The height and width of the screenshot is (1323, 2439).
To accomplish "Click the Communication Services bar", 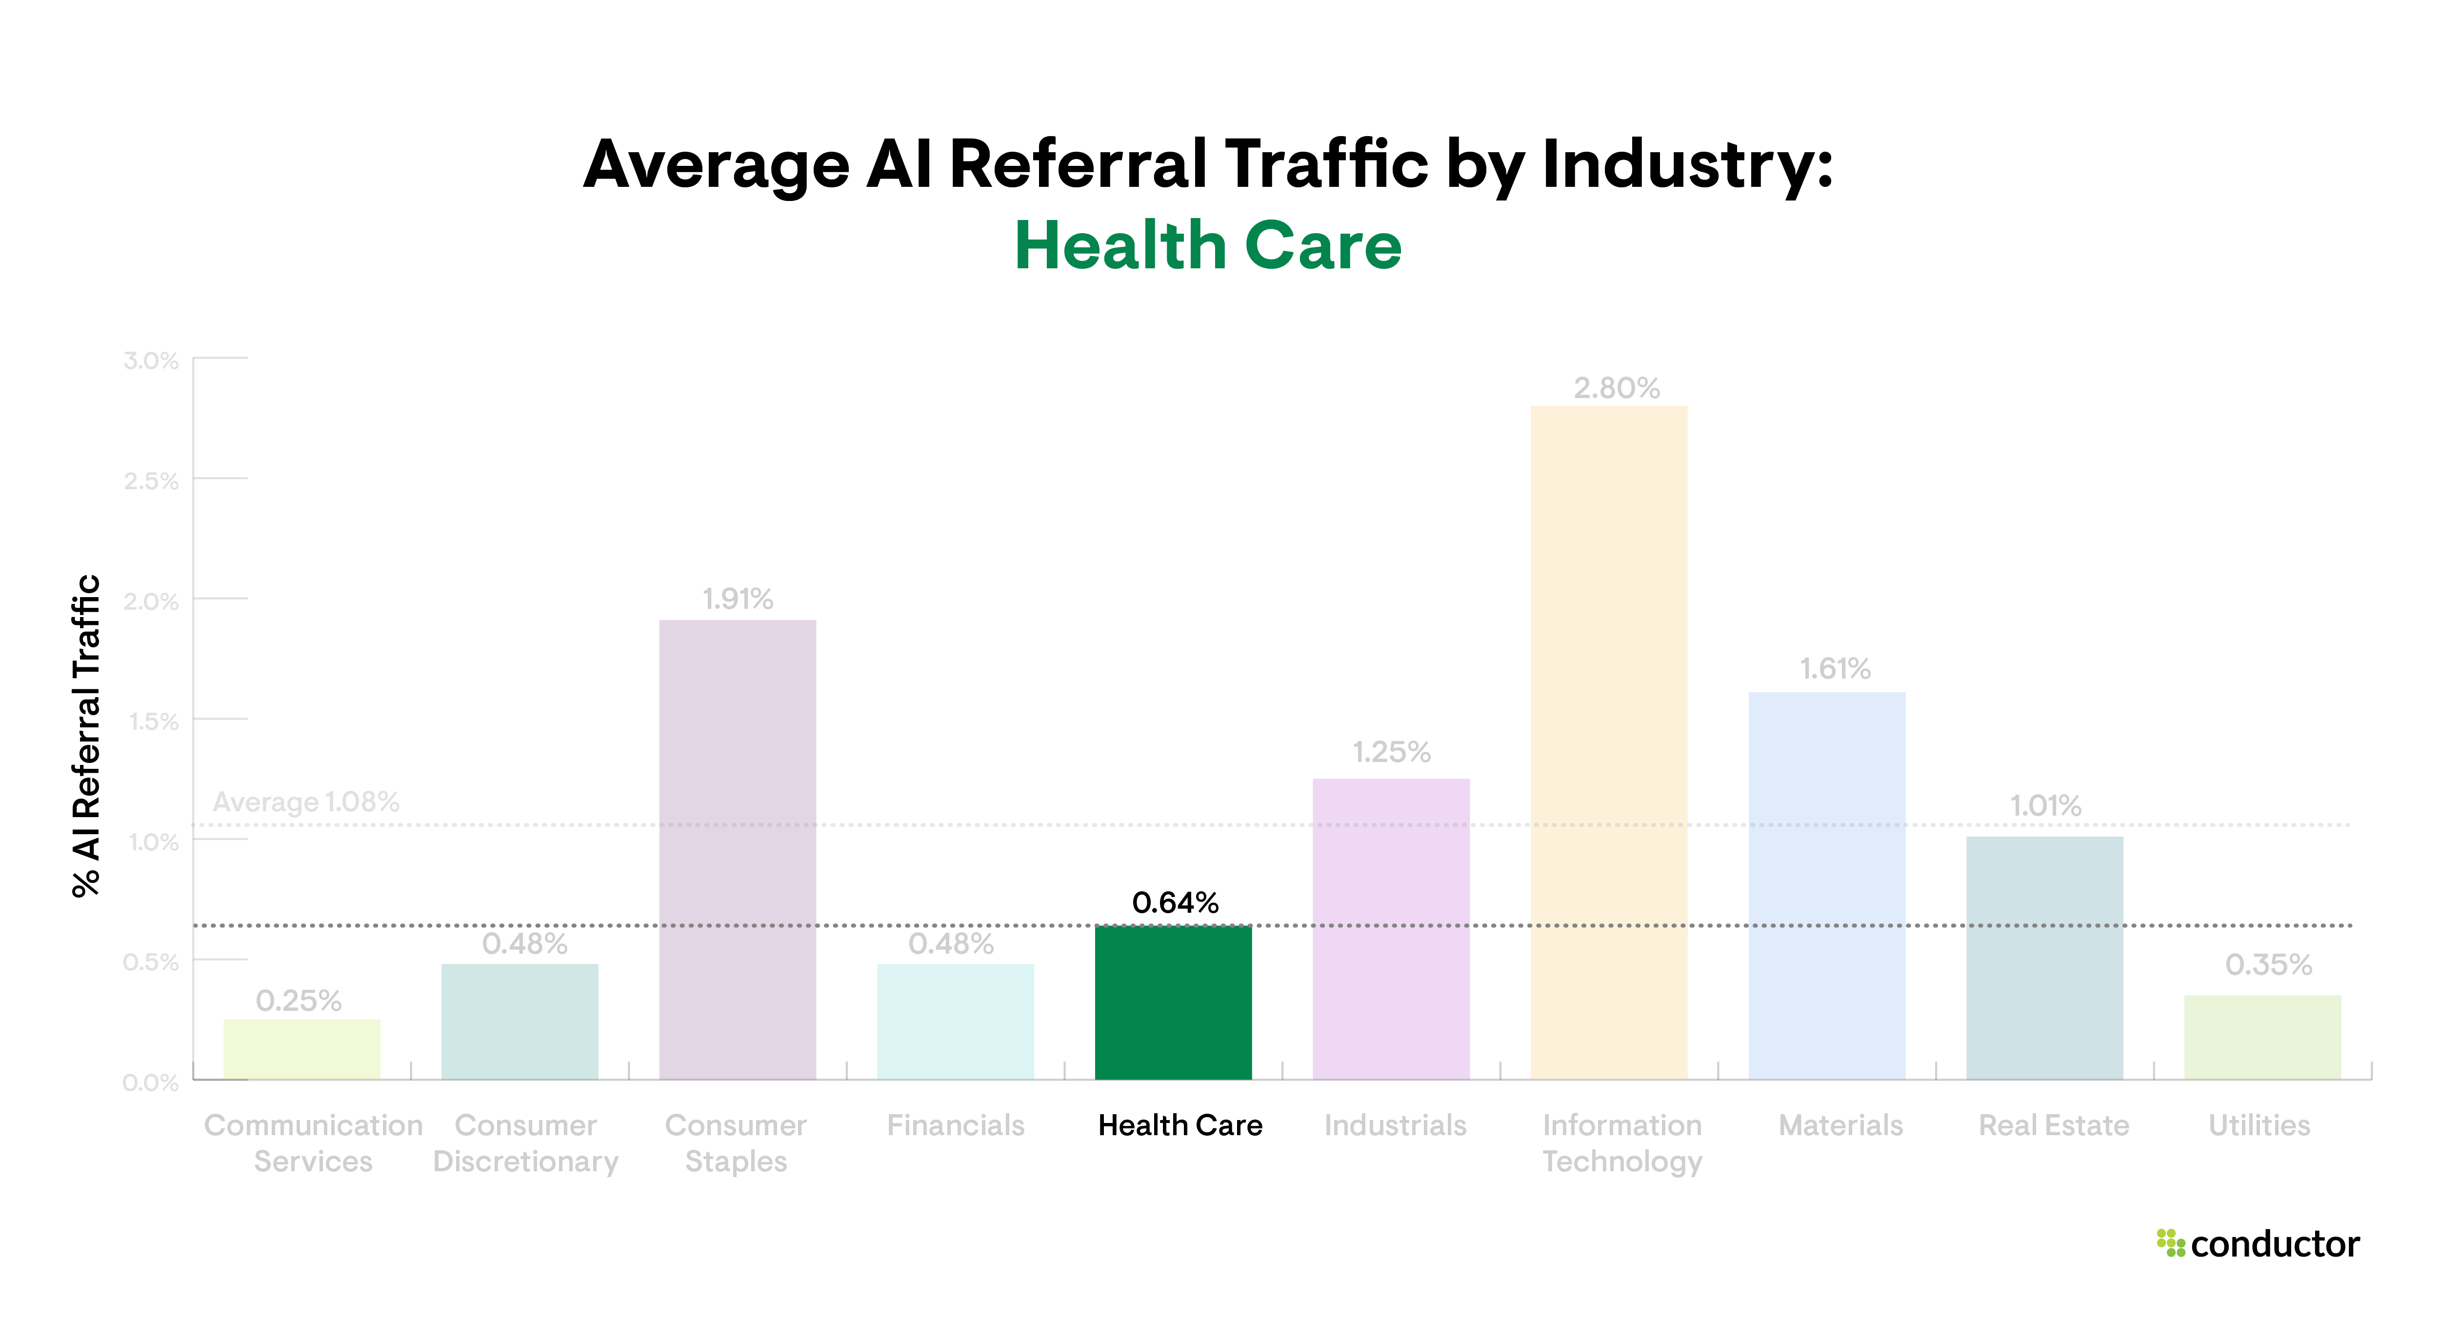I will point(301,1049).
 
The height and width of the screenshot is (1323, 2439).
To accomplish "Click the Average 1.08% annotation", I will point(306,802).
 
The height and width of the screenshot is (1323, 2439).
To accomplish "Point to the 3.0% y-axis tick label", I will point(151,361).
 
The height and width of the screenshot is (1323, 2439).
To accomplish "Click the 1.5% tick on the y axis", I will point(153,722).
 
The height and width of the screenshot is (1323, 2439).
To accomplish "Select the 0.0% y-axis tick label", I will point(151,1082).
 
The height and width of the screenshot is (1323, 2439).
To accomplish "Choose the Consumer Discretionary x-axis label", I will point(525,1143).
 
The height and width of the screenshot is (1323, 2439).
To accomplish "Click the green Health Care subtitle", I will point(1207,245).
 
